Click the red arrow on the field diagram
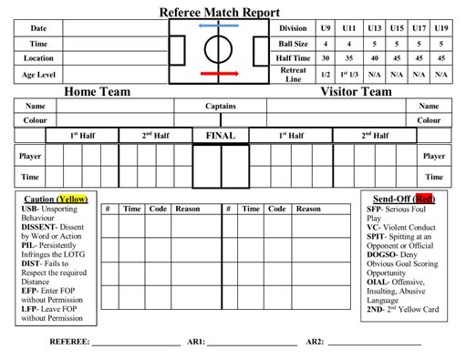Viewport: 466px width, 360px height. [x=220, y=73]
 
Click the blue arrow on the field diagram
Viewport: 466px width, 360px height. [x=219, y=26]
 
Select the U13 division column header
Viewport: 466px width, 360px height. [x=375, y=28]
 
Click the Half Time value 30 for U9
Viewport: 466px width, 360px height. [x=326, y=58]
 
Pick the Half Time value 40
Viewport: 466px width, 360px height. [x=375, y=58]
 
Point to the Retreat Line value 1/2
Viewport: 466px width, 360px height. [x=326, y=75]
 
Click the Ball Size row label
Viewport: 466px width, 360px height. [x=293, y=44]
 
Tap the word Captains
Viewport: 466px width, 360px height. [x=221, y=106]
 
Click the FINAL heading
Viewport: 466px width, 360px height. [x=221, y=136]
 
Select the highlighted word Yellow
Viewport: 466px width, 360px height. [x=73, y=199]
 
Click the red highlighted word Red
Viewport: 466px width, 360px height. [x=424, y=199]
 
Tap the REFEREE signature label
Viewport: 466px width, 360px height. [x=69, y=342]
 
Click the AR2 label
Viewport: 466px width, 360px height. [x=315, y=342]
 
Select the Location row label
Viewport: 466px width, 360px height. [x=38, y=58]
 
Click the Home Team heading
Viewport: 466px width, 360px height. [x=98, y=91]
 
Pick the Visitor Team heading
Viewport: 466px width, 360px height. [x=356, y=91]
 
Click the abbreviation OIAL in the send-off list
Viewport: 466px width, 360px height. [x=378, y=282]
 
